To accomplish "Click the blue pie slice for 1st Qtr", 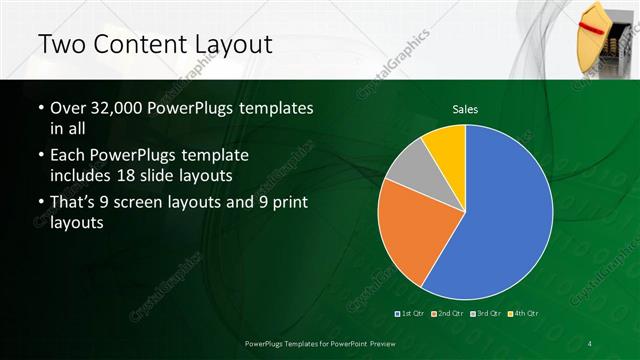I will (505, 215).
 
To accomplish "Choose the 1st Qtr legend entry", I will (410, 314).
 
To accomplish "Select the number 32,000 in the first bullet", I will (117, 108).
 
